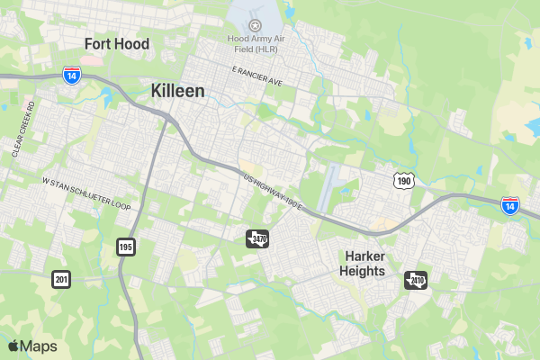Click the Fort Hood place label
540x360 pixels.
pos(117,43)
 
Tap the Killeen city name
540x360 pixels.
pos(177,91)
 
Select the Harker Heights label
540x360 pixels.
pos(364,263)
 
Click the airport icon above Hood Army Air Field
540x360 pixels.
pos(255,25)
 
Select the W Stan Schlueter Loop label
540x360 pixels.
pos(86,193)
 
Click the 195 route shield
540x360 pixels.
pos(125,246)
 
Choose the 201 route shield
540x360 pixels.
pos(61,279)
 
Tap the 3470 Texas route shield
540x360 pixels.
pos(257,238)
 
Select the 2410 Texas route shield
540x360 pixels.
pos(416,280)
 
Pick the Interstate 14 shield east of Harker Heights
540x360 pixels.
pos(510,206)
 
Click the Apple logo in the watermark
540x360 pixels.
pos(13,346)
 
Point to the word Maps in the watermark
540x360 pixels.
pos(39,346)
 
